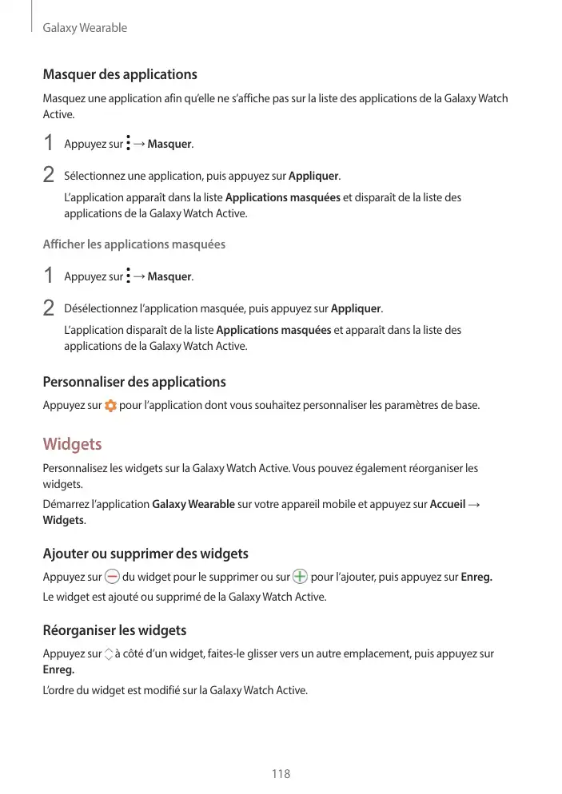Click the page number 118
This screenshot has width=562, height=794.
(x=281, y=773)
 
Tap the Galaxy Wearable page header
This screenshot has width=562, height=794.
(x=85, y=28)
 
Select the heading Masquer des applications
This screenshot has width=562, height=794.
(x=120, y=74)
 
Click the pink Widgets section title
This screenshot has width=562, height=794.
(x=72, y=443)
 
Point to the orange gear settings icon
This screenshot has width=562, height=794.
(x=110, y=405)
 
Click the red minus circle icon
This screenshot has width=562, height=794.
(x=112, y=577)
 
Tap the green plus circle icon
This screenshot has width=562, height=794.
(x=300, y=577)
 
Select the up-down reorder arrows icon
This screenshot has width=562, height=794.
(x=109, y=654)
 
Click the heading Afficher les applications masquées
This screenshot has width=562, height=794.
(x=134, y=244)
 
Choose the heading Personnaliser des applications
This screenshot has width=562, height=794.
(x=134, y=382)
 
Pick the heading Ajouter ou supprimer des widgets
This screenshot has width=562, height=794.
(x=145, y=554)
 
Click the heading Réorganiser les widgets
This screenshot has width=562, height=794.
(x=114, y=630)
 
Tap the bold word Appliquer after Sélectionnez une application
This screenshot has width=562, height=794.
(x=313, y=176)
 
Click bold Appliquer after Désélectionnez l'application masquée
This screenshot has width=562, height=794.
(x=356, y=308)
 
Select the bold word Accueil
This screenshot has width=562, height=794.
(x=448, y=505)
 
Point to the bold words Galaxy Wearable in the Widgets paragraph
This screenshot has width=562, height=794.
(x=193, y=505)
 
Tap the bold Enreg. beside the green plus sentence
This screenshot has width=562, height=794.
(x=476, y=577)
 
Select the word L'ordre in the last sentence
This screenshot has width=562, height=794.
(x=58, y=689)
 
